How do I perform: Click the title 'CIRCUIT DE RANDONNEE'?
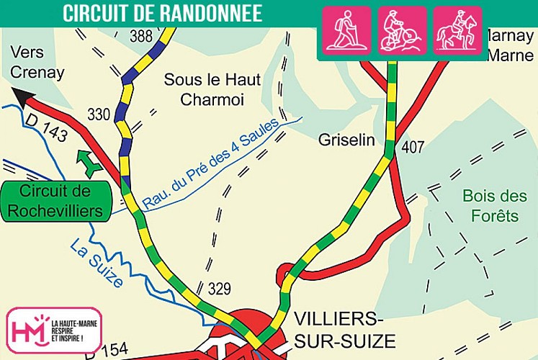click(162, 13)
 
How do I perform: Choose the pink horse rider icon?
click(457, 32)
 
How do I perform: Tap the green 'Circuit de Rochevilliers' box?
click(55, 202)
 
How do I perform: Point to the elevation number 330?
click(99, 114)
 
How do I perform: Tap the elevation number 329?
click(219, 289)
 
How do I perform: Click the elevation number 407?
click(412, 148)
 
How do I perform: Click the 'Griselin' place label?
click(346, 140)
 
